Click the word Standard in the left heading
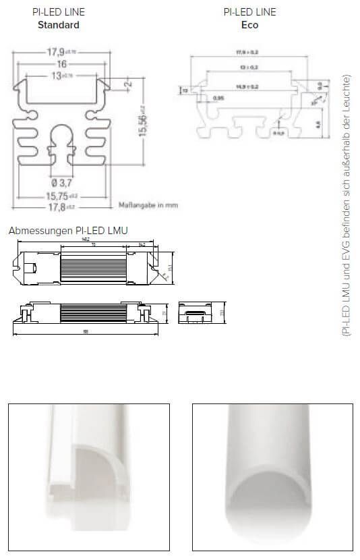pos(59,25)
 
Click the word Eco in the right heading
pos(249,25)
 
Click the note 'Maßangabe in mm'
pos(148,204)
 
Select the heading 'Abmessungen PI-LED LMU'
pos(68,230)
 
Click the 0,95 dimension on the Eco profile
pos(218,99)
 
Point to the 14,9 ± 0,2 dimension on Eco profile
pos(247,87)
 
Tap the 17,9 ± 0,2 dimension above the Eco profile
pos(247,52)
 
